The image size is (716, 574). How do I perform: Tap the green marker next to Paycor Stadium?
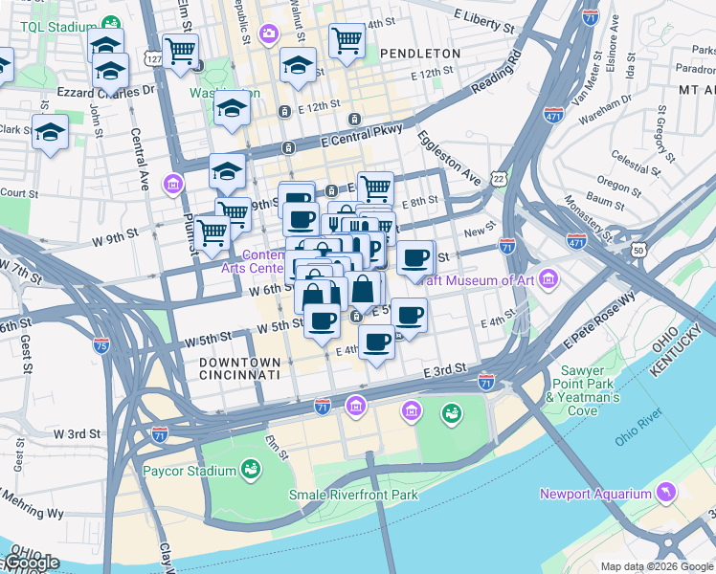pos(251,469)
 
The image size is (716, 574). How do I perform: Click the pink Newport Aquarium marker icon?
pos(664,493)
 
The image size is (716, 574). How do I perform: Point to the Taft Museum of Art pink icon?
pos(548,279)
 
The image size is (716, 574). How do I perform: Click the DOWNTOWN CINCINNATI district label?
pos(240,370)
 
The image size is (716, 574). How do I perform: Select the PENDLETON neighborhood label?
pos(420,54)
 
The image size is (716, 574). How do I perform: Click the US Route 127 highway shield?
pos(153,58)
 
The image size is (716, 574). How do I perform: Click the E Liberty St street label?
pos(490,16)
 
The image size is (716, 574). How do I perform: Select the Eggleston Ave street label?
pos(448,156)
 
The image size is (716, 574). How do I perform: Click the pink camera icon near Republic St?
pos(268,34)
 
